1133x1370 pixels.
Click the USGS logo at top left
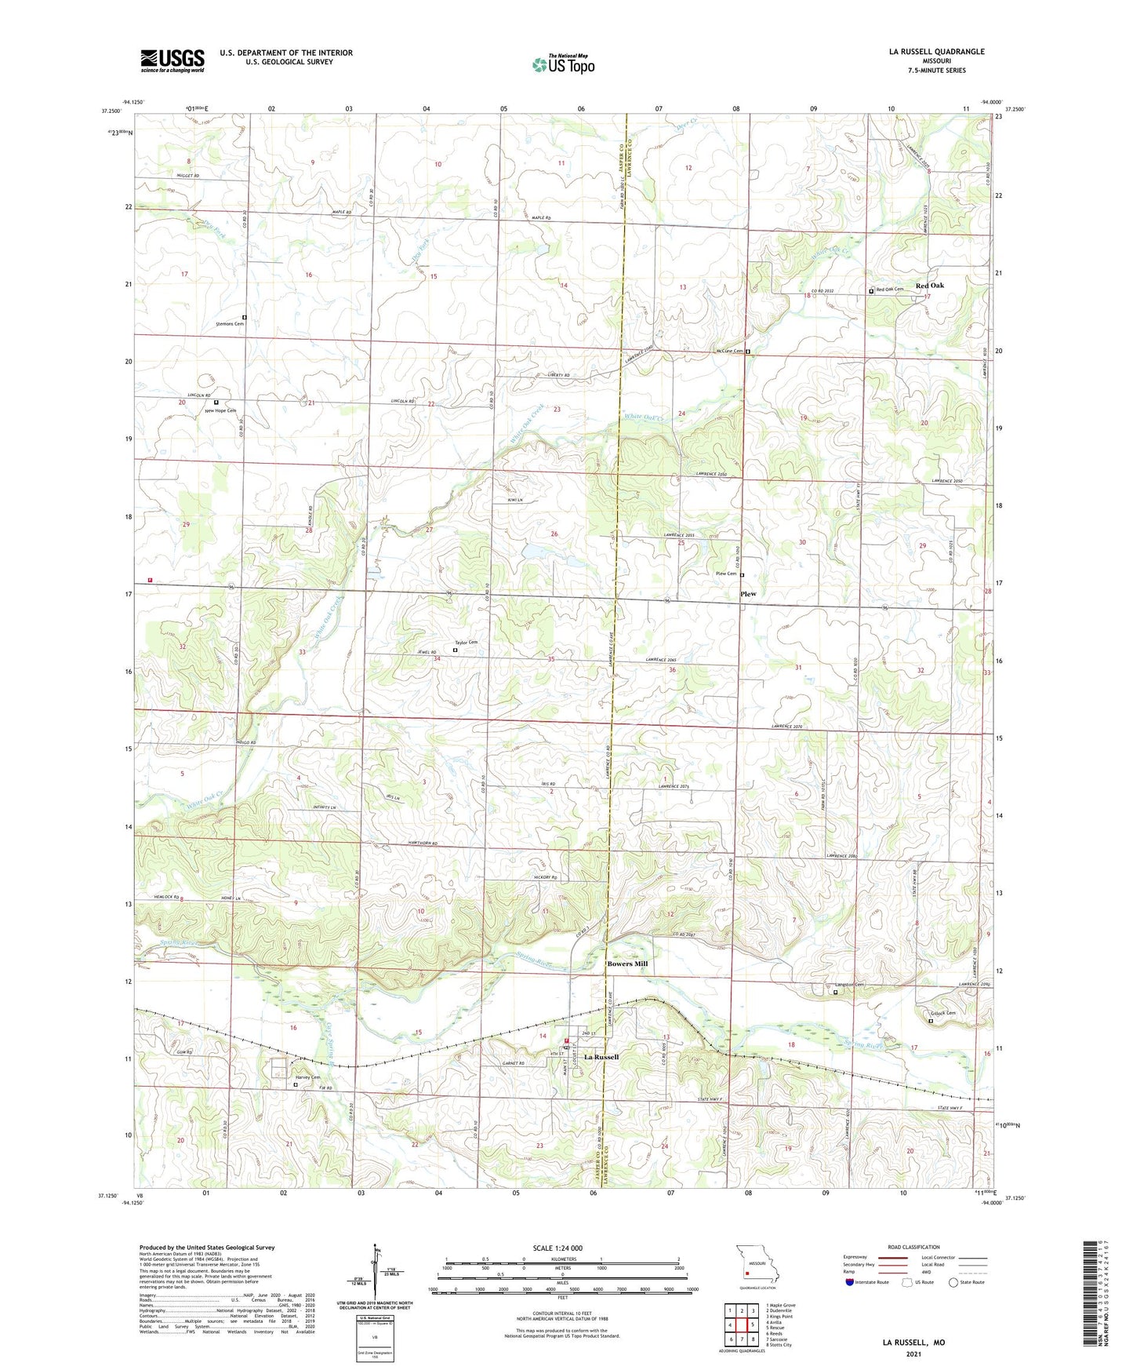172,60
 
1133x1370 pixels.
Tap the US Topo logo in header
563,64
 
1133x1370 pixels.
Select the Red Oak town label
930,286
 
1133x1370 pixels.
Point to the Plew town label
748,594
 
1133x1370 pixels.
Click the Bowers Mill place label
627,964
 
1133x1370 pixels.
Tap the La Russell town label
601,1057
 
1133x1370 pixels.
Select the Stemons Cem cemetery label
230,323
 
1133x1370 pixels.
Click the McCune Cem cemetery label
728,351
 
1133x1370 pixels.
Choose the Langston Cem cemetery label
848,985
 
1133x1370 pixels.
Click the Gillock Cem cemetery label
943,1013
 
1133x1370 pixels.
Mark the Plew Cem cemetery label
725,574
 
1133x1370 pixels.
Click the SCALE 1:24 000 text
557,1248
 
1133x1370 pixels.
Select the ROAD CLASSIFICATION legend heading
913,1247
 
